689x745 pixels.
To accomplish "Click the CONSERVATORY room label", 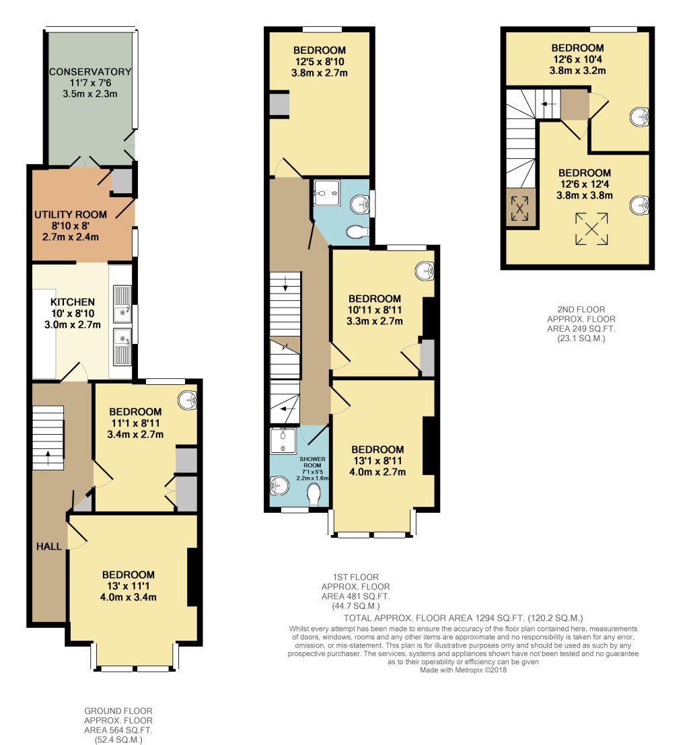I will [89, 72].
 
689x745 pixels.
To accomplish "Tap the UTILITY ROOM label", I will [71, 215].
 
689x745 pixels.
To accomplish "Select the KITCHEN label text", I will [72, 302].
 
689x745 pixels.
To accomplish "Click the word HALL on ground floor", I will [48, 546].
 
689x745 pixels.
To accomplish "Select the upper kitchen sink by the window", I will [122, 300].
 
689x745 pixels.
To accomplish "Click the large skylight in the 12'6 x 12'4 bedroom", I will [591, 229].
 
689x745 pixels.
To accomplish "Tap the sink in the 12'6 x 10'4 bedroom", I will [640, 117].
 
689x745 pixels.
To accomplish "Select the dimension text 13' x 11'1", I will [128, 586].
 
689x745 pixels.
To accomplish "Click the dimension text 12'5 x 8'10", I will [320, 62].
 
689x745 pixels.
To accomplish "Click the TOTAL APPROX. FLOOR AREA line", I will [462, 618].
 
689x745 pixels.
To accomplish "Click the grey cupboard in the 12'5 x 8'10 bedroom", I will [278, 104].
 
